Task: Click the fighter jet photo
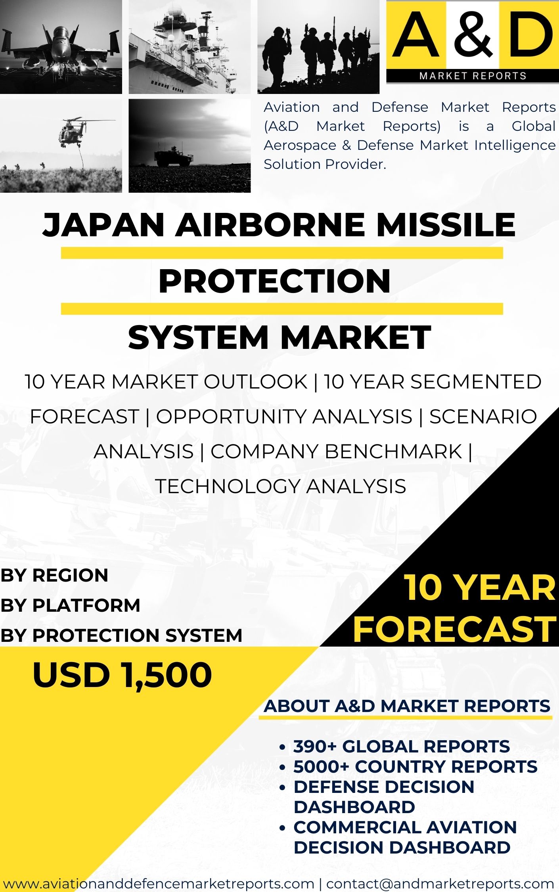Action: pos(61,47)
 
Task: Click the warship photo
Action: pos(190,47)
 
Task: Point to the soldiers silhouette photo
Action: pos(318,47)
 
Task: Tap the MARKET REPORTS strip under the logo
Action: pos(473,76)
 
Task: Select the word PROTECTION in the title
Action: pos(274,281)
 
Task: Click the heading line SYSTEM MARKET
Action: pos(279,337)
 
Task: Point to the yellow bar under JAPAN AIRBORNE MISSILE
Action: pos(282,253)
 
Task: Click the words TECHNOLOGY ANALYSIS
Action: pos(281,486)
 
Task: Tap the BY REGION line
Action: pos(54,575)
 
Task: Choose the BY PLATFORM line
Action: pos(70,605)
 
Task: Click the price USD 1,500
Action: pos(123,675)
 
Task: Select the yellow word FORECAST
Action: pos(455,629)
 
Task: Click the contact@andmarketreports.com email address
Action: pos(440,883)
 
